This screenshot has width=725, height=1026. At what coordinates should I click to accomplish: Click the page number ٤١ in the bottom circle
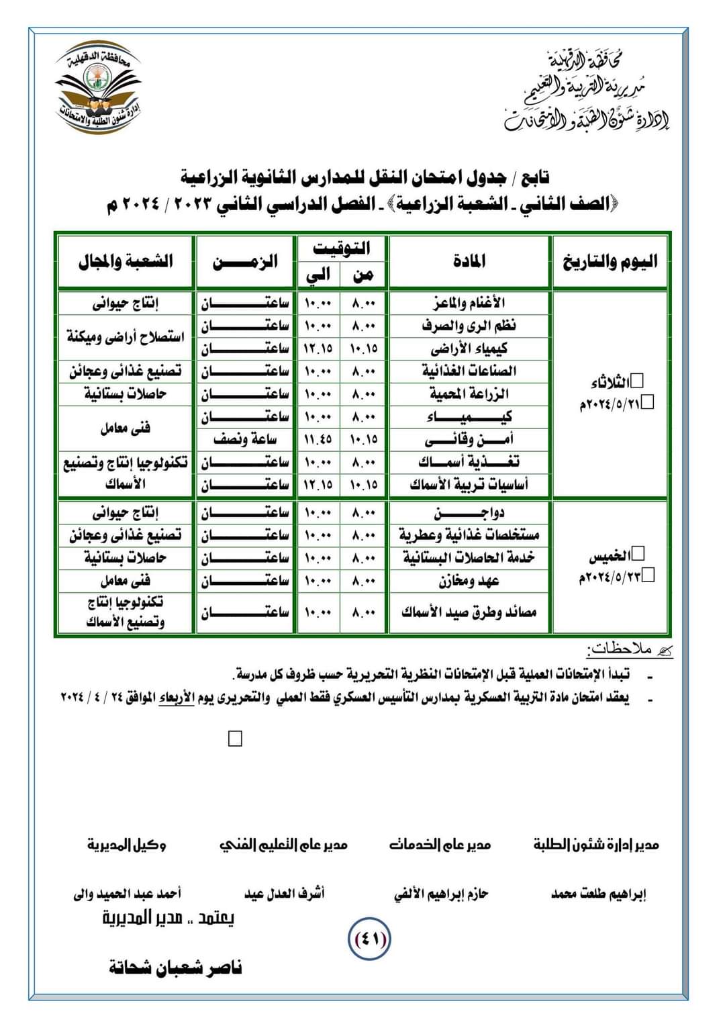pyautogui.click(x=369, y=939)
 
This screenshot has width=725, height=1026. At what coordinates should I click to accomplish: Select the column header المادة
pyautogui.click(x=469, y=261)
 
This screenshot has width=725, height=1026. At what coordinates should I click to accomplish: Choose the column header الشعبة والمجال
pyautogui.click(x=126, y=261)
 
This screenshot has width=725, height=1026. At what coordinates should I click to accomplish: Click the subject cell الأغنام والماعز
pyautogui.click(x=469, y=304)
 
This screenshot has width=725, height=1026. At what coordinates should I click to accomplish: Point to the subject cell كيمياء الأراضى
pyautogui.click(x=469, y=348)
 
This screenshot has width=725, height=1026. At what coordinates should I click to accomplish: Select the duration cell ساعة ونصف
pyautogui.click(x=245, y=440)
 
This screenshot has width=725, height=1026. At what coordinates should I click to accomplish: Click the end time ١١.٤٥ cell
pyautogui.click(x=318, y=440)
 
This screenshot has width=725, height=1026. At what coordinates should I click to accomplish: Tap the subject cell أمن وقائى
pyautogui.click(x=469, y=440)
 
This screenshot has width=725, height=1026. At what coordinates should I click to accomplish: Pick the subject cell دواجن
pyautogui.click(x=469, y=514)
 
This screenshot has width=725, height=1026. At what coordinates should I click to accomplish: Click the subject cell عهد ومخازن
pyautogui.click(x=469, y=581)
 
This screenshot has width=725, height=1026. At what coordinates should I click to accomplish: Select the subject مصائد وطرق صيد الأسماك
pyautogui.click(x=469, y=612)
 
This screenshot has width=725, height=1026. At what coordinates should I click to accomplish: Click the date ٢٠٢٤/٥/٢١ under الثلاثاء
pyautogui.click(x=611, y=404)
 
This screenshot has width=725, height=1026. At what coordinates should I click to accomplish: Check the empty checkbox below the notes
pyautogui.click(x=235, y=739)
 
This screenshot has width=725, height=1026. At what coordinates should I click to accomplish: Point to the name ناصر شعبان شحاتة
pyautogui.click(x=175, y=968)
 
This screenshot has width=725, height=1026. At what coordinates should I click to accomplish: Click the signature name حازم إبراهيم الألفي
pyautogui.click(x=440, y=894)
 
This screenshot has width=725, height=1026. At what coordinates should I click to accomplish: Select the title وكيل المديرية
pyautogui.click(x=126, y=845)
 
